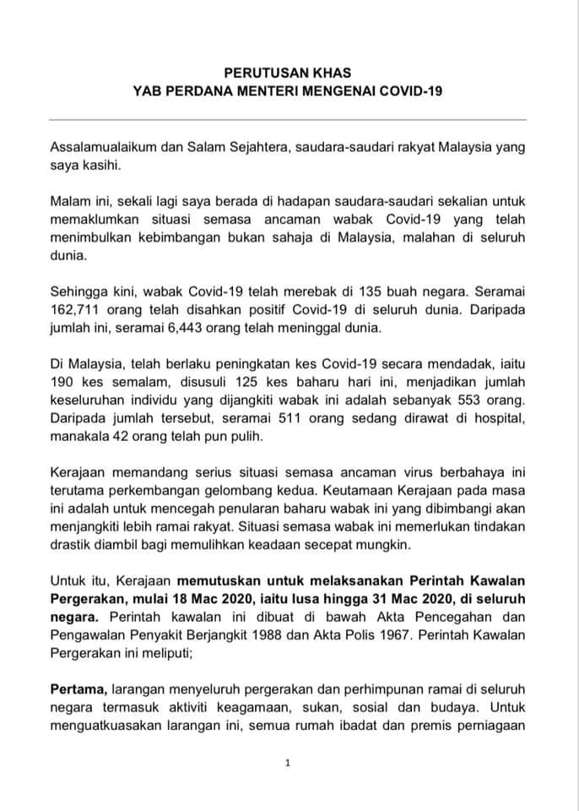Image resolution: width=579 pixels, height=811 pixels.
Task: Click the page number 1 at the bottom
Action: tap(288, 763)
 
